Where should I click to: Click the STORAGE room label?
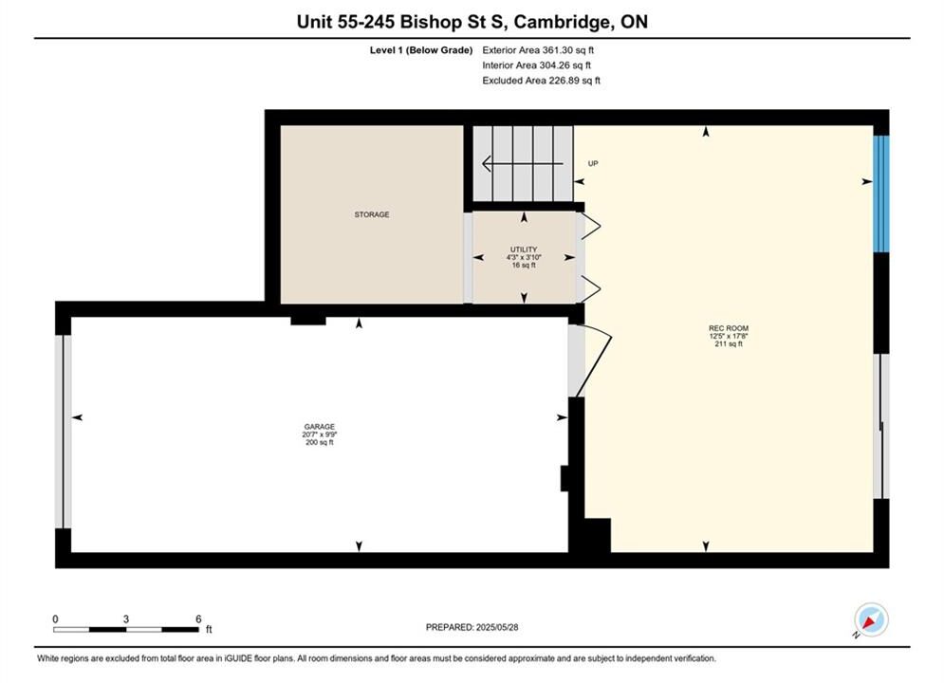(372, 214)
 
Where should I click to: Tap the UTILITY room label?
(523, 249)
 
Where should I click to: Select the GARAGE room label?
(319, 427)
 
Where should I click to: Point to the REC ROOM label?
(729, 328)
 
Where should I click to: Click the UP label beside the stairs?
(593, 164)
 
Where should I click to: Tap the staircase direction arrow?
(523, 163)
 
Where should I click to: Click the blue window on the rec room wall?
(880, 194)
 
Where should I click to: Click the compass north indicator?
(871, 619)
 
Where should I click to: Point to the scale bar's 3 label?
(126, 618)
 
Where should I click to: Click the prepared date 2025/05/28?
(497, 627)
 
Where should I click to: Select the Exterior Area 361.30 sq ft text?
(538, 50)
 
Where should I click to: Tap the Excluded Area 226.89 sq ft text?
(541, 81)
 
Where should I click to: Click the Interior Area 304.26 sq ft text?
(536, 65)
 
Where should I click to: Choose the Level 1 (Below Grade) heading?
(421, 50)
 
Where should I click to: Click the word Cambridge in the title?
(561, 22)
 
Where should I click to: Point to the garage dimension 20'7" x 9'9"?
(319, 434)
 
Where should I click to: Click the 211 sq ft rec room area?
(729, 344)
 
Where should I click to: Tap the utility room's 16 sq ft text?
(523, 265)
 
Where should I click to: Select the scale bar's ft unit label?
(209, 630)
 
